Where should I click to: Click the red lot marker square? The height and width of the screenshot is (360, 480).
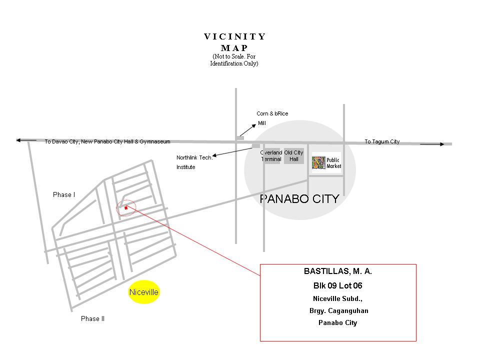[126, 208]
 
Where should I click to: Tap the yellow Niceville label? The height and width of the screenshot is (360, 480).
[143, 292]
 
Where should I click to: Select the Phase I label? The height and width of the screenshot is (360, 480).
[64, 194]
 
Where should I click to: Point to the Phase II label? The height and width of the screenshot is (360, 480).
[93, 318]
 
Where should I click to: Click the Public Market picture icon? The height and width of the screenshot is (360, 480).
[318, 163]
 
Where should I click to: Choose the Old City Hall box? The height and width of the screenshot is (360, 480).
[294, 156]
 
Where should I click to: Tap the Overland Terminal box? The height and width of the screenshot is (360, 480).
[271, 156]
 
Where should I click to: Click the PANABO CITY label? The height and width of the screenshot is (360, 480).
[299, 199]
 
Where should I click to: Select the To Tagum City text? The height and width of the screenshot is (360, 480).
[382, 141]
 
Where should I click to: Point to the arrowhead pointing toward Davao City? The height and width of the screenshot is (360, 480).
[18, 140]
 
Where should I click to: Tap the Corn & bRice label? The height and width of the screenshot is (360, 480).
[272, 113]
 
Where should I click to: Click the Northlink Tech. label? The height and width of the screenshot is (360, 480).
[194, 157]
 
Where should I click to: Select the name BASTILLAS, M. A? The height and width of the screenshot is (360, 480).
[338, 271]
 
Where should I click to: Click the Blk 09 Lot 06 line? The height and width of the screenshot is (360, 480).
[338, 285]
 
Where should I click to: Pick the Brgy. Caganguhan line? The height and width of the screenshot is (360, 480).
[339, 311]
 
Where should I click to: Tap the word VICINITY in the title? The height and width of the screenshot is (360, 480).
[235, 36]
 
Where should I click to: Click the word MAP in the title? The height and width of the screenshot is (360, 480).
[234, 48]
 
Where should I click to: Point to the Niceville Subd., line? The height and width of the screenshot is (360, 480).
[337, 299]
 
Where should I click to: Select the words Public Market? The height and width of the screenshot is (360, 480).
[333, 163]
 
